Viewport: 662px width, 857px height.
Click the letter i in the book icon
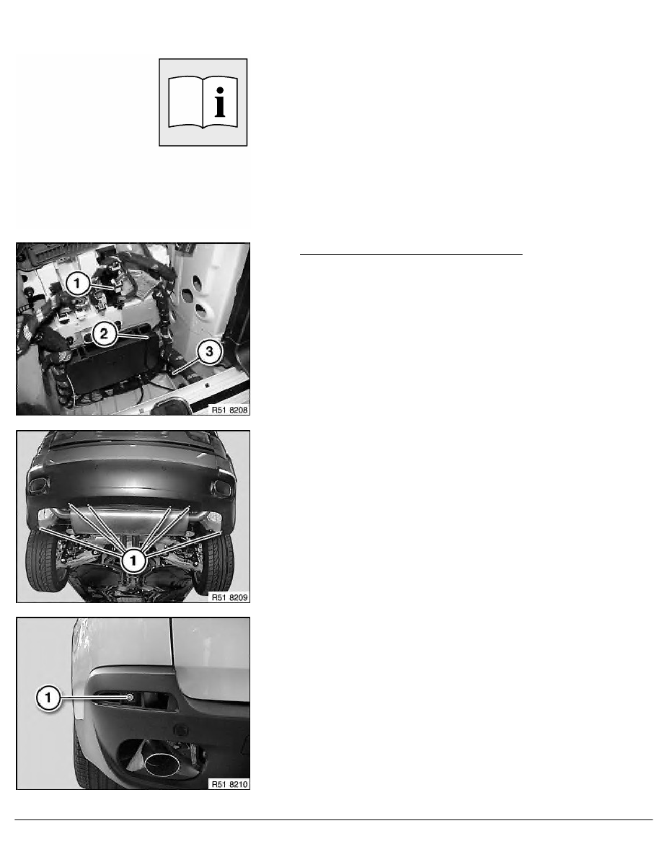click(219, 102)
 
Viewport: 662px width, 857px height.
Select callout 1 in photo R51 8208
click(77, 283)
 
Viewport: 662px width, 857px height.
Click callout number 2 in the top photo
click(104, 333)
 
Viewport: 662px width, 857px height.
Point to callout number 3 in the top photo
click(209, 351)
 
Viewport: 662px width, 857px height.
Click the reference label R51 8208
click(229, 409)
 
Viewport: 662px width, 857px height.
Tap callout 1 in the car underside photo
click(133, 561)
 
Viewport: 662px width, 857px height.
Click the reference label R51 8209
click(229, 597)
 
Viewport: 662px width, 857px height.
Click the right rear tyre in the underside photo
click(214, 563)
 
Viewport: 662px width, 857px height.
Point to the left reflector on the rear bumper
click(38, 485)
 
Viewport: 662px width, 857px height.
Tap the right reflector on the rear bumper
click(221, 488)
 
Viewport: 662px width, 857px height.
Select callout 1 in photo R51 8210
click(48, 698)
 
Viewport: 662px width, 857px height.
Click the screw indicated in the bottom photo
click(130, 698)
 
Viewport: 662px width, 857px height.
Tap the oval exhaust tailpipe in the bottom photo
click(162, 763)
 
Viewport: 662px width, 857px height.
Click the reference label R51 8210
click(229, 784)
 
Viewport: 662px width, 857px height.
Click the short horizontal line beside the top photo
click(411, 254)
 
